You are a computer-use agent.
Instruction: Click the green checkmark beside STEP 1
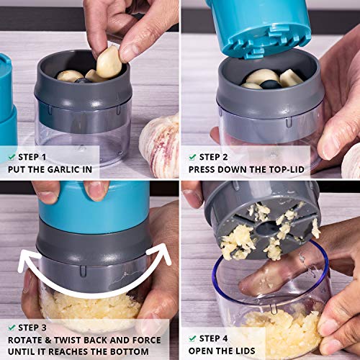[x=12, y=156]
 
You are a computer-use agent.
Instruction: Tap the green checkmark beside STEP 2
[x=192, y=156]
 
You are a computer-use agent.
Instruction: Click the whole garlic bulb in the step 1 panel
[x=160, y=144]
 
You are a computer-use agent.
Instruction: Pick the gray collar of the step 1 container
[x=83, y=97]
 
